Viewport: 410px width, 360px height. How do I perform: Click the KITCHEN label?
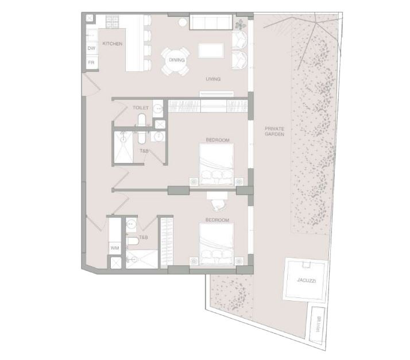click(x=112, y=44)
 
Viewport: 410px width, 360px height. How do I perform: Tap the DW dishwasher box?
click(x=92, y=48)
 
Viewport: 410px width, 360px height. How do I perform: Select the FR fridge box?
click(x=92, y=63)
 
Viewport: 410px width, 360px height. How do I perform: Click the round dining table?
click(x=176, y=61)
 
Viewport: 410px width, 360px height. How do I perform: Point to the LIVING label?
click(x=213, y=79)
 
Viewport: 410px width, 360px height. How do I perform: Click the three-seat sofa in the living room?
click(x=211, y=22)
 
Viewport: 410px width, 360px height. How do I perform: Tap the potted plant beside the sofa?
click(x=240, y=25)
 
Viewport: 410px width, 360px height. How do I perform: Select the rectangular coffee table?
click(x=211, y=50)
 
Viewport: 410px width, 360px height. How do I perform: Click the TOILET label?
click(x=141, y=108)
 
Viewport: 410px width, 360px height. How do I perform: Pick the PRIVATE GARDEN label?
click(x=274, y=131)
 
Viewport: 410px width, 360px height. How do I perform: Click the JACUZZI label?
click(x=306, y=281)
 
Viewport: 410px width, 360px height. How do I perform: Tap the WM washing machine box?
click(x=115, y=248)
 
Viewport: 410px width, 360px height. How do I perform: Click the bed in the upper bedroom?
click(x=216, y=164)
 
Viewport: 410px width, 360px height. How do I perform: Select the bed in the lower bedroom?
click(x=216, y=244)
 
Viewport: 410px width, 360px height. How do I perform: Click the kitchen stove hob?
click(x=113, y=21)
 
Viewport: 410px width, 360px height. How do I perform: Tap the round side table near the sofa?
click(x=183, y=23)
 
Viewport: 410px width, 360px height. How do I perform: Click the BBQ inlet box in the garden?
click(x=317, y=324)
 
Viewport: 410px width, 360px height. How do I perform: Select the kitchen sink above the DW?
click(x=92, y=35)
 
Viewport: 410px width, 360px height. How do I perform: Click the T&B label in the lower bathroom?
click(x=144, y=237)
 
